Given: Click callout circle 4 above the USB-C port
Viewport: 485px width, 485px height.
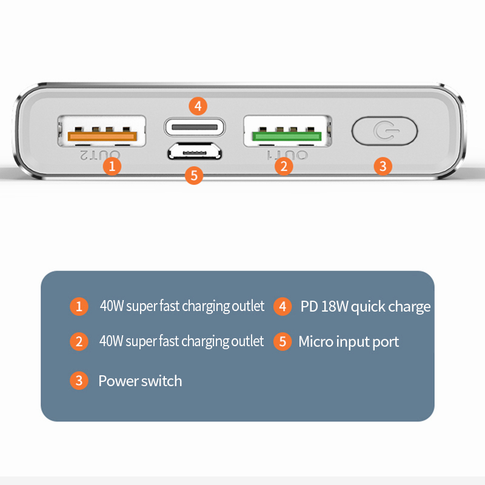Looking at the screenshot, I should point(198,106).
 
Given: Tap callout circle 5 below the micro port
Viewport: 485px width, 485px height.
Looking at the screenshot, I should point(193,176).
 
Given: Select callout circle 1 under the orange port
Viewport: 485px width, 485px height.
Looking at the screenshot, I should point(112,166).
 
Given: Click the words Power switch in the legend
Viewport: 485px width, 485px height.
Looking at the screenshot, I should point(140,381).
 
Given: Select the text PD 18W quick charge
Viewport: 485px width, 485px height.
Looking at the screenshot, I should point(365,307).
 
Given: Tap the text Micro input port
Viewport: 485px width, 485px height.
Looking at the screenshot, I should point(349,342).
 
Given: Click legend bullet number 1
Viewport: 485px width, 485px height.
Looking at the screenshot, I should point(78,307).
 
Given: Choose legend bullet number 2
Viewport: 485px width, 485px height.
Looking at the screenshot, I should point(78,342).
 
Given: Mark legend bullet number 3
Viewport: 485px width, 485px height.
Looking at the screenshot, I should point(78,381).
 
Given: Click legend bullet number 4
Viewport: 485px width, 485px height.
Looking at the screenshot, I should point(282,307).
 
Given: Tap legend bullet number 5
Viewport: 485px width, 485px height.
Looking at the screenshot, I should point(282,342).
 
